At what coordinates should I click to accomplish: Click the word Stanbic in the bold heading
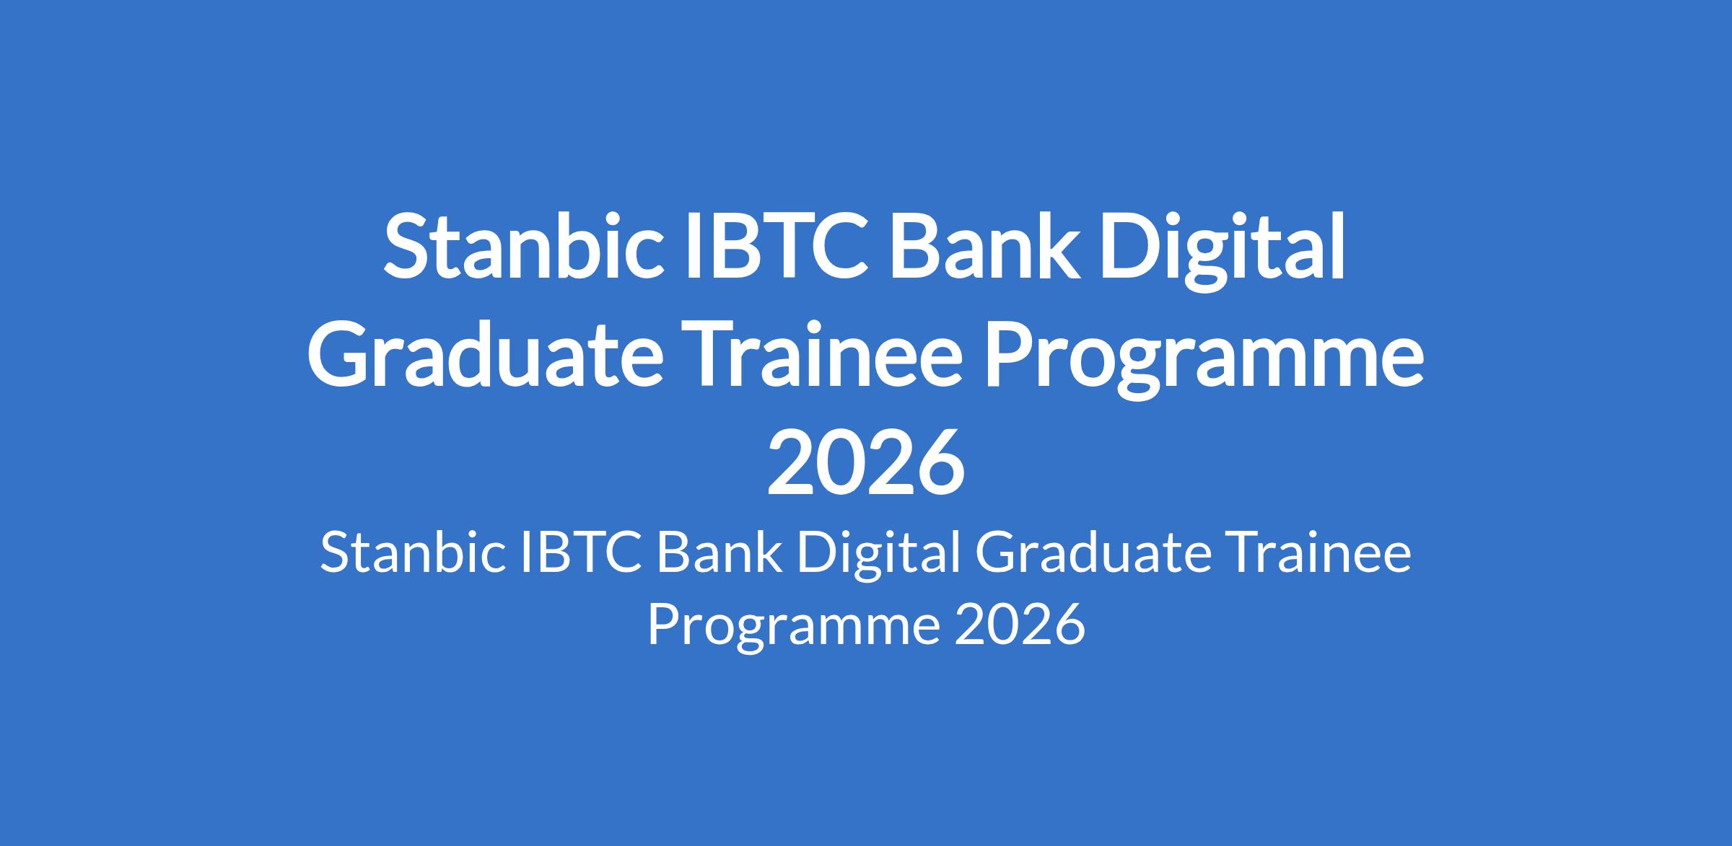tap(524, 245)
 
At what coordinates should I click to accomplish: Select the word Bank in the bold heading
tap(984, 245)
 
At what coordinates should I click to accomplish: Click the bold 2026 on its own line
tap(866, 461)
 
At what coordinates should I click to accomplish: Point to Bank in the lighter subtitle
tap(719, 553)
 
